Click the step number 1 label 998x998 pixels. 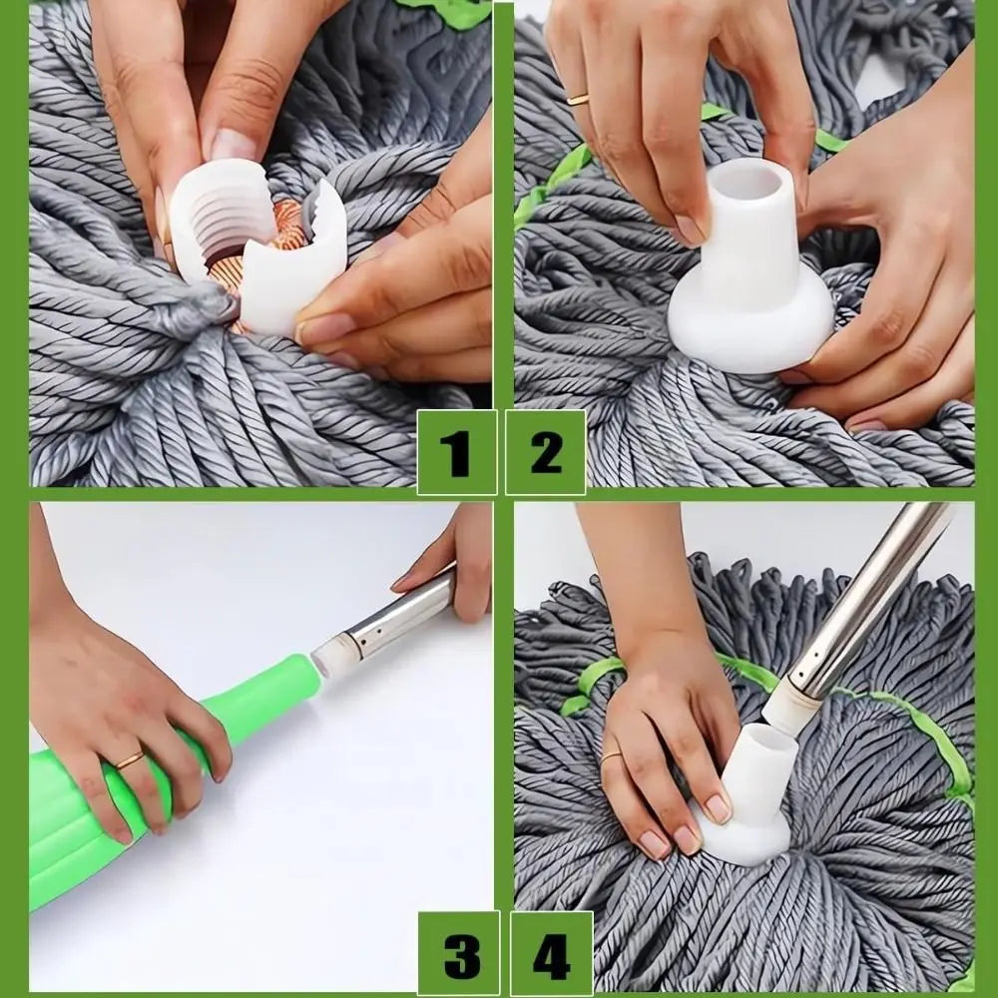point(456,452)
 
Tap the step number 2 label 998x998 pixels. point(546,452)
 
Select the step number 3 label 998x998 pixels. point(459,953)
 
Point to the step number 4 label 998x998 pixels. point(551,953)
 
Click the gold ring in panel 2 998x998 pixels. point(579,99)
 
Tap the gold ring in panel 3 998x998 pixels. point(130,759)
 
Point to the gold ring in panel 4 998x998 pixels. point(612,755)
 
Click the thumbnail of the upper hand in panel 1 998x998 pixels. point(233,145)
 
